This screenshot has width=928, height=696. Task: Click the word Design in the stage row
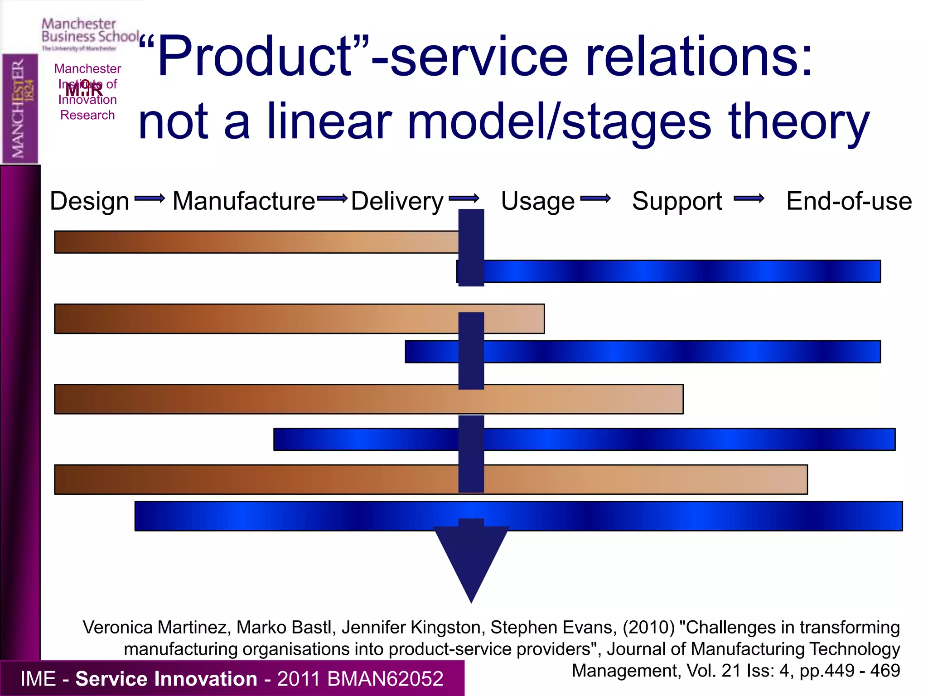(89, 201)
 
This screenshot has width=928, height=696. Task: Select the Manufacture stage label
(244, 201)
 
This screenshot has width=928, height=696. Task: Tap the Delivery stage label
(397, 201)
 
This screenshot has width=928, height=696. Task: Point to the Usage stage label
(538, 201)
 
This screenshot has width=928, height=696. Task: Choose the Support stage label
(677, 201)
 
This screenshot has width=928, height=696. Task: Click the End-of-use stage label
(849, 201)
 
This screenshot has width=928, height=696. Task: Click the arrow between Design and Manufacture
(150, 198)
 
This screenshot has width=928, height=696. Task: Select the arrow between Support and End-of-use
(749, 198)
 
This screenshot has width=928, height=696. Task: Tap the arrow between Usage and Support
(595, 198)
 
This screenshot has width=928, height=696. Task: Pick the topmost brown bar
(254, 242)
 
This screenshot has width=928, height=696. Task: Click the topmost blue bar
(680, 271)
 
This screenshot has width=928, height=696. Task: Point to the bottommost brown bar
(254, 479)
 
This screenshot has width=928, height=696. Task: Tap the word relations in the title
(698, 58)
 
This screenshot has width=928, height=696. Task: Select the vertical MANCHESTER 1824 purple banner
(20, 109)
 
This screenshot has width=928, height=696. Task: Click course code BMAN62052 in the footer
(385, 679)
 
